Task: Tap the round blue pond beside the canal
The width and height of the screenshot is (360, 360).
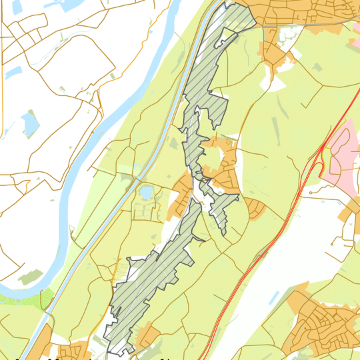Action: point(145,193)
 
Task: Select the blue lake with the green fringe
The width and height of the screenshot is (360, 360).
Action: point(29,123)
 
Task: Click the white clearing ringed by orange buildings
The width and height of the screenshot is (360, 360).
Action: point(213,157)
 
